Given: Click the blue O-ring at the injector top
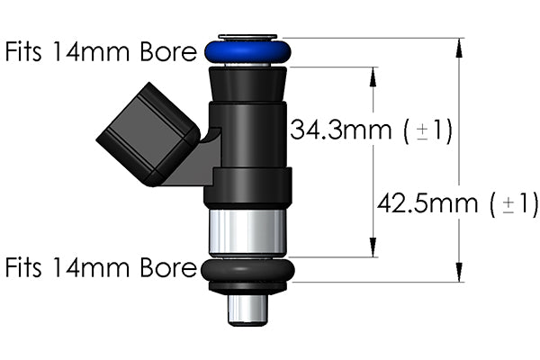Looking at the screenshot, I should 247,52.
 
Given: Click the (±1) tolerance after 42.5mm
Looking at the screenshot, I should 514,203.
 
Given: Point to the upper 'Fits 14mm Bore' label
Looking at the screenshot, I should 100,51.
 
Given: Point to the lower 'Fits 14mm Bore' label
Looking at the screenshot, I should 100,267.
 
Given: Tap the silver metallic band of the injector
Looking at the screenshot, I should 247,232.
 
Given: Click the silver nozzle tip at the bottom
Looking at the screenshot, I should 247,310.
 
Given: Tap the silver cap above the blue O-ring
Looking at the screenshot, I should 247,38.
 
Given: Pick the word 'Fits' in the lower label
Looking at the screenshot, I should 28,267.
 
